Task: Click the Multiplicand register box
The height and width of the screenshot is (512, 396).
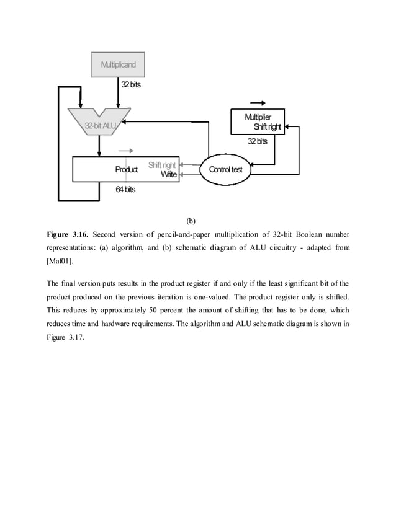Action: (118, 64)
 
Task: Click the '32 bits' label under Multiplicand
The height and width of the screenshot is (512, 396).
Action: (130, 84)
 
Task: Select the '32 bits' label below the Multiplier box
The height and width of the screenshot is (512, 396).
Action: (257, 141)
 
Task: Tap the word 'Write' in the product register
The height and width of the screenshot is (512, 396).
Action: (169, 175)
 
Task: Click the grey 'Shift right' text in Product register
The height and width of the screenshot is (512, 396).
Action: (162, 165)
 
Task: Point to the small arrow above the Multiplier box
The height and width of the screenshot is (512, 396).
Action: (257, 103)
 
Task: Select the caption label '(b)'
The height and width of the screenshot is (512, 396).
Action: (191, 220)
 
